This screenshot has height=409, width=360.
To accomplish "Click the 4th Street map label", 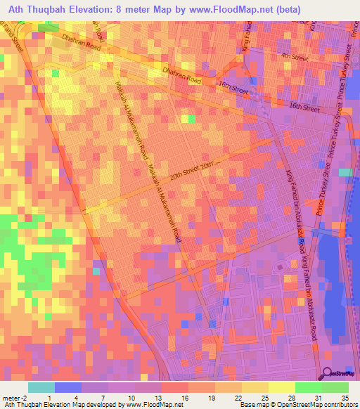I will [295, 56].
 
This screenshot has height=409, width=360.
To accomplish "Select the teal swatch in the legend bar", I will [41, 387].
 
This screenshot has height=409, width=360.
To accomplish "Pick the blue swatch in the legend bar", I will [68, 387].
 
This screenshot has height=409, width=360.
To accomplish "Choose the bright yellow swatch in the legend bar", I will [281, 387].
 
